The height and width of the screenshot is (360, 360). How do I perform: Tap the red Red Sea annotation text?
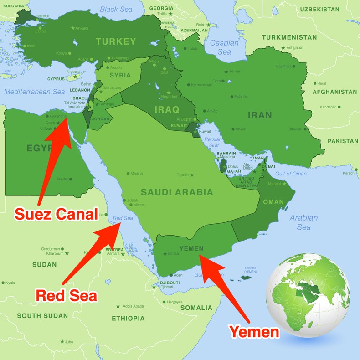(66, 296)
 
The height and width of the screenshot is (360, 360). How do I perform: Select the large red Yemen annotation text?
(254, 331)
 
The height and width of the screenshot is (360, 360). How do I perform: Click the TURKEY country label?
(116, 41)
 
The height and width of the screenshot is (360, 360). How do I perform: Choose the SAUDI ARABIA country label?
(177, 192)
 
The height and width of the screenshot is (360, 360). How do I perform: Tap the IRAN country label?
(260, 115)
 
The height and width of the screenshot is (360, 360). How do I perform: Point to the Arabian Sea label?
(303, 222)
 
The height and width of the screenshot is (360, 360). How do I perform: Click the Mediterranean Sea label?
(35, 92)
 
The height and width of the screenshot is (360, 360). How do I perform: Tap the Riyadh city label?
(182, 175)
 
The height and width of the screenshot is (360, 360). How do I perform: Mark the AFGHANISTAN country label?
(335, 92)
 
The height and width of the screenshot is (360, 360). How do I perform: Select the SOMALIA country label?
(196, 308)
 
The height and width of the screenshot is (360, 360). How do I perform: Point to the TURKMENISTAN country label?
(289, 37)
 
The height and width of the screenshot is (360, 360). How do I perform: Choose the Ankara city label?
(82, 28)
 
